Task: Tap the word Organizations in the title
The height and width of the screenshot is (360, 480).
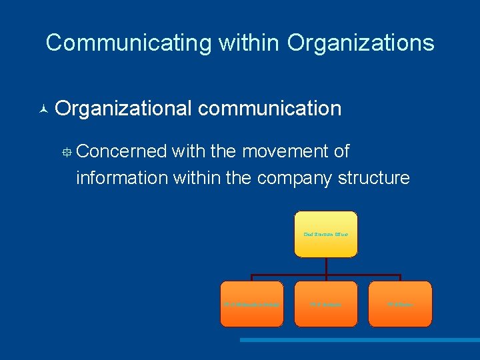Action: click(361, 43)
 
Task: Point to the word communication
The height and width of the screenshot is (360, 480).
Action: click(269, 108)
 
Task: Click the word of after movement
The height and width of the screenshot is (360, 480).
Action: click(341, 152)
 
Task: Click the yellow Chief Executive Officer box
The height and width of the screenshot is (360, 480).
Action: click(326, 235)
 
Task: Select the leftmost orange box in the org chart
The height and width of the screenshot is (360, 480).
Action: click(252, 304)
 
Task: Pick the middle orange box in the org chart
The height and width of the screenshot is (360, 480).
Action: click(326, 304)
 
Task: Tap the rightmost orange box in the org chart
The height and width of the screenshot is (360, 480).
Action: click(400, 304)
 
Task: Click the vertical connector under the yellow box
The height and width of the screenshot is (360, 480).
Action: click(326, 266)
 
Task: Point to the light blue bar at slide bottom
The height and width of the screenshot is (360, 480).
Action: click(359, 340)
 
